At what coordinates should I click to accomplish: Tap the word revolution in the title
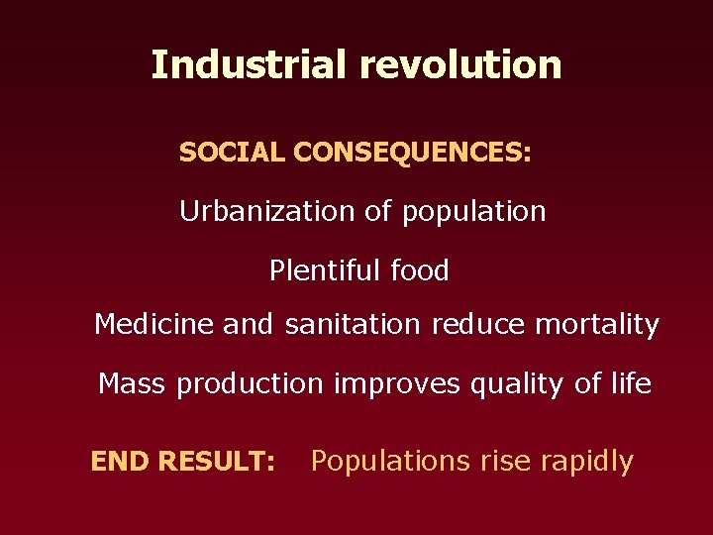(x=460, y=65)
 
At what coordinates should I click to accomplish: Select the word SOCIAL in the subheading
(x=232, y=154)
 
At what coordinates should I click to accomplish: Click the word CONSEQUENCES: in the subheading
(x=412, y=154)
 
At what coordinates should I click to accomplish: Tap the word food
(x=420, y=270)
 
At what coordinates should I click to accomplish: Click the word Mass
(x=133, y=383)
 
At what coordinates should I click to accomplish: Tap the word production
(x=250, y=384)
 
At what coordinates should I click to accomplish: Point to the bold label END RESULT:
(x=183, y=462)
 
